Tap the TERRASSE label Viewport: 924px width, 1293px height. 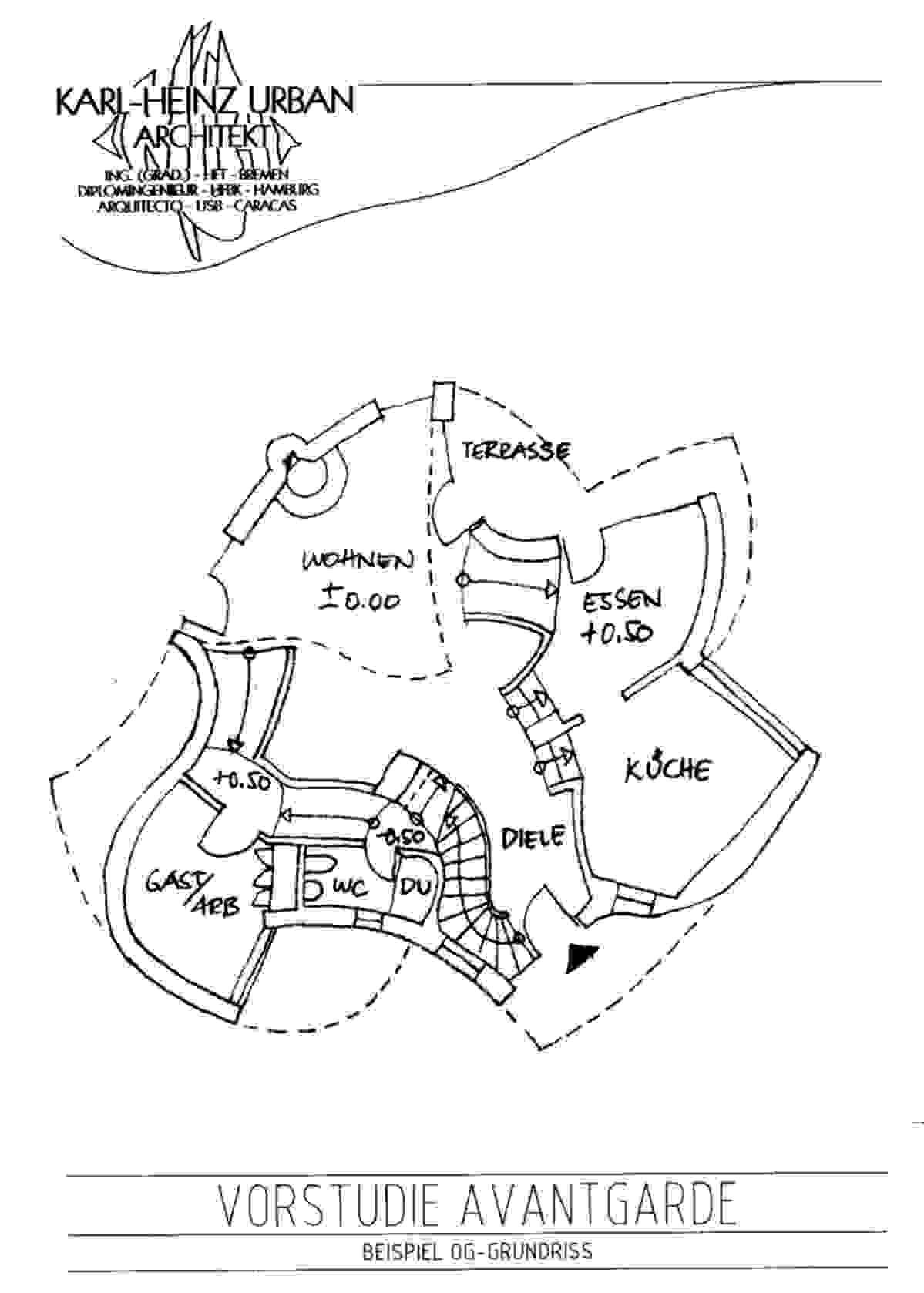[516, 451]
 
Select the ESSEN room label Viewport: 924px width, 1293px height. [622, 600]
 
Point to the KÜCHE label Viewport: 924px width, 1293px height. [667, 768]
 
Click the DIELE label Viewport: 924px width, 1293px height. [534, 838]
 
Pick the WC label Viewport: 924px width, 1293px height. [350, 888]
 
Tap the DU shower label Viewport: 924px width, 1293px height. [417, 886]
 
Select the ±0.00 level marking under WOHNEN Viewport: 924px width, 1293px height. [360, 599]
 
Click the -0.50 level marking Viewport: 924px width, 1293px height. [402, 836]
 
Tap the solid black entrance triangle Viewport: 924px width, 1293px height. [581, 956]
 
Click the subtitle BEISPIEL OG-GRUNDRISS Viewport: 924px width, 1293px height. [478, 1251]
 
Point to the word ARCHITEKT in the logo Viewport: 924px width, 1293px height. [204, 136]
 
